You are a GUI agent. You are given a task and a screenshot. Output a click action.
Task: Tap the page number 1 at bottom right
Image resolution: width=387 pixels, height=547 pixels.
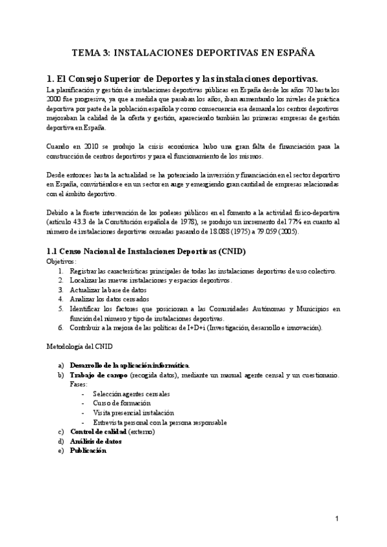[x=337, y=519]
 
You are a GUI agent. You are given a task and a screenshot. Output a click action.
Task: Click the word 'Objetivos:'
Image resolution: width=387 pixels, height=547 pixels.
[x=61, y=262]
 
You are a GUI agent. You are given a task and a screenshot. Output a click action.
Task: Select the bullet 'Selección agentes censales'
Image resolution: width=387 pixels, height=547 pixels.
[x=132, y=394]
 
